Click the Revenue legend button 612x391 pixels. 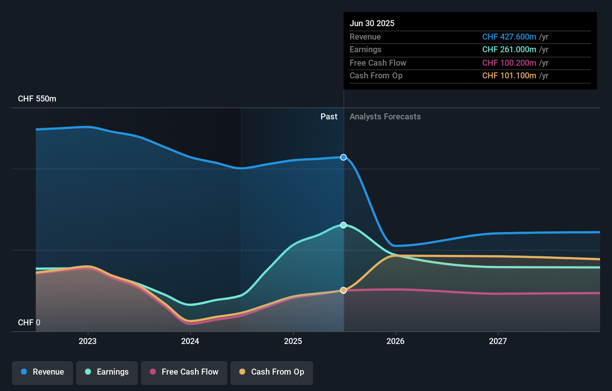pyautogui.click(x=42, y=372)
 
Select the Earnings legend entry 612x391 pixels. pyautogui.click(x=107, y=372)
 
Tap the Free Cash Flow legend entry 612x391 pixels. pyautogui.click(x=184, y=372)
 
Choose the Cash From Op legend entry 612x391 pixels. pyautogui.click(x=272, y=372)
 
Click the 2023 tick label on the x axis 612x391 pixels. pyautogui.click(x=88, y=341)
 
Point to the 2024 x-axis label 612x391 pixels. pyautogui.click(x=190, y=341)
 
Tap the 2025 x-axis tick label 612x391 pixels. pyautogui.click(x=293, y=341)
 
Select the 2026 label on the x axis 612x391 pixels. pyautogui.click(x=395, y=341)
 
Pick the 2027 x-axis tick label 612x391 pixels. pyautogui.click(x=498, y=341)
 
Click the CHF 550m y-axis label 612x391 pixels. pyautogui.click(x=37, y=99)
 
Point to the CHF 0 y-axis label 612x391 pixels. pyautogui.click(x=29, y=323)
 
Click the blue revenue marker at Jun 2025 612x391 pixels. pyautogui.click(x=343, y=157)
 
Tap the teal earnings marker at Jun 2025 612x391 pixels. pyautogui.click(x=343, y=225)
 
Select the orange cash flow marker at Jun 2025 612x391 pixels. pyautogui.click(x=343, y=290)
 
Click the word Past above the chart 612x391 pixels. pyautogui.click(x=329, y=117)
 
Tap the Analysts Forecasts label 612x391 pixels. pyautogui.click(x=385, y=117)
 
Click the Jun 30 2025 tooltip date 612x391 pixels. pyautogui.click(x=372, y=24)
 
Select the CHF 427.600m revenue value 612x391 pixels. pyautogui.click(x=509, y=37)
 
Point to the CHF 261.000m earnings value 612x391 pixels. pyautogui.click(x=509, y=50)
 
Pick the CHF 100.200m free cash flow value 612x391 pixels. pyautogui.click(x=509, y=63)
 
